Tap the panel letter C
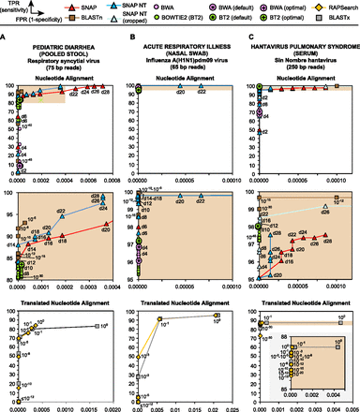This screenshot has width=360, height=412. (245, 35)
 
